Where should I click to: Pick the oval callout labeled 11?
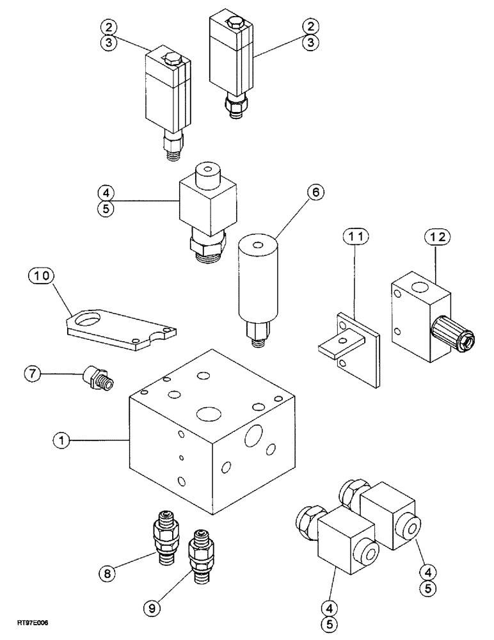pos(354,237)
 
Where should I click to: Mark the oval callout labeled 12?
pos(436,237)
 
